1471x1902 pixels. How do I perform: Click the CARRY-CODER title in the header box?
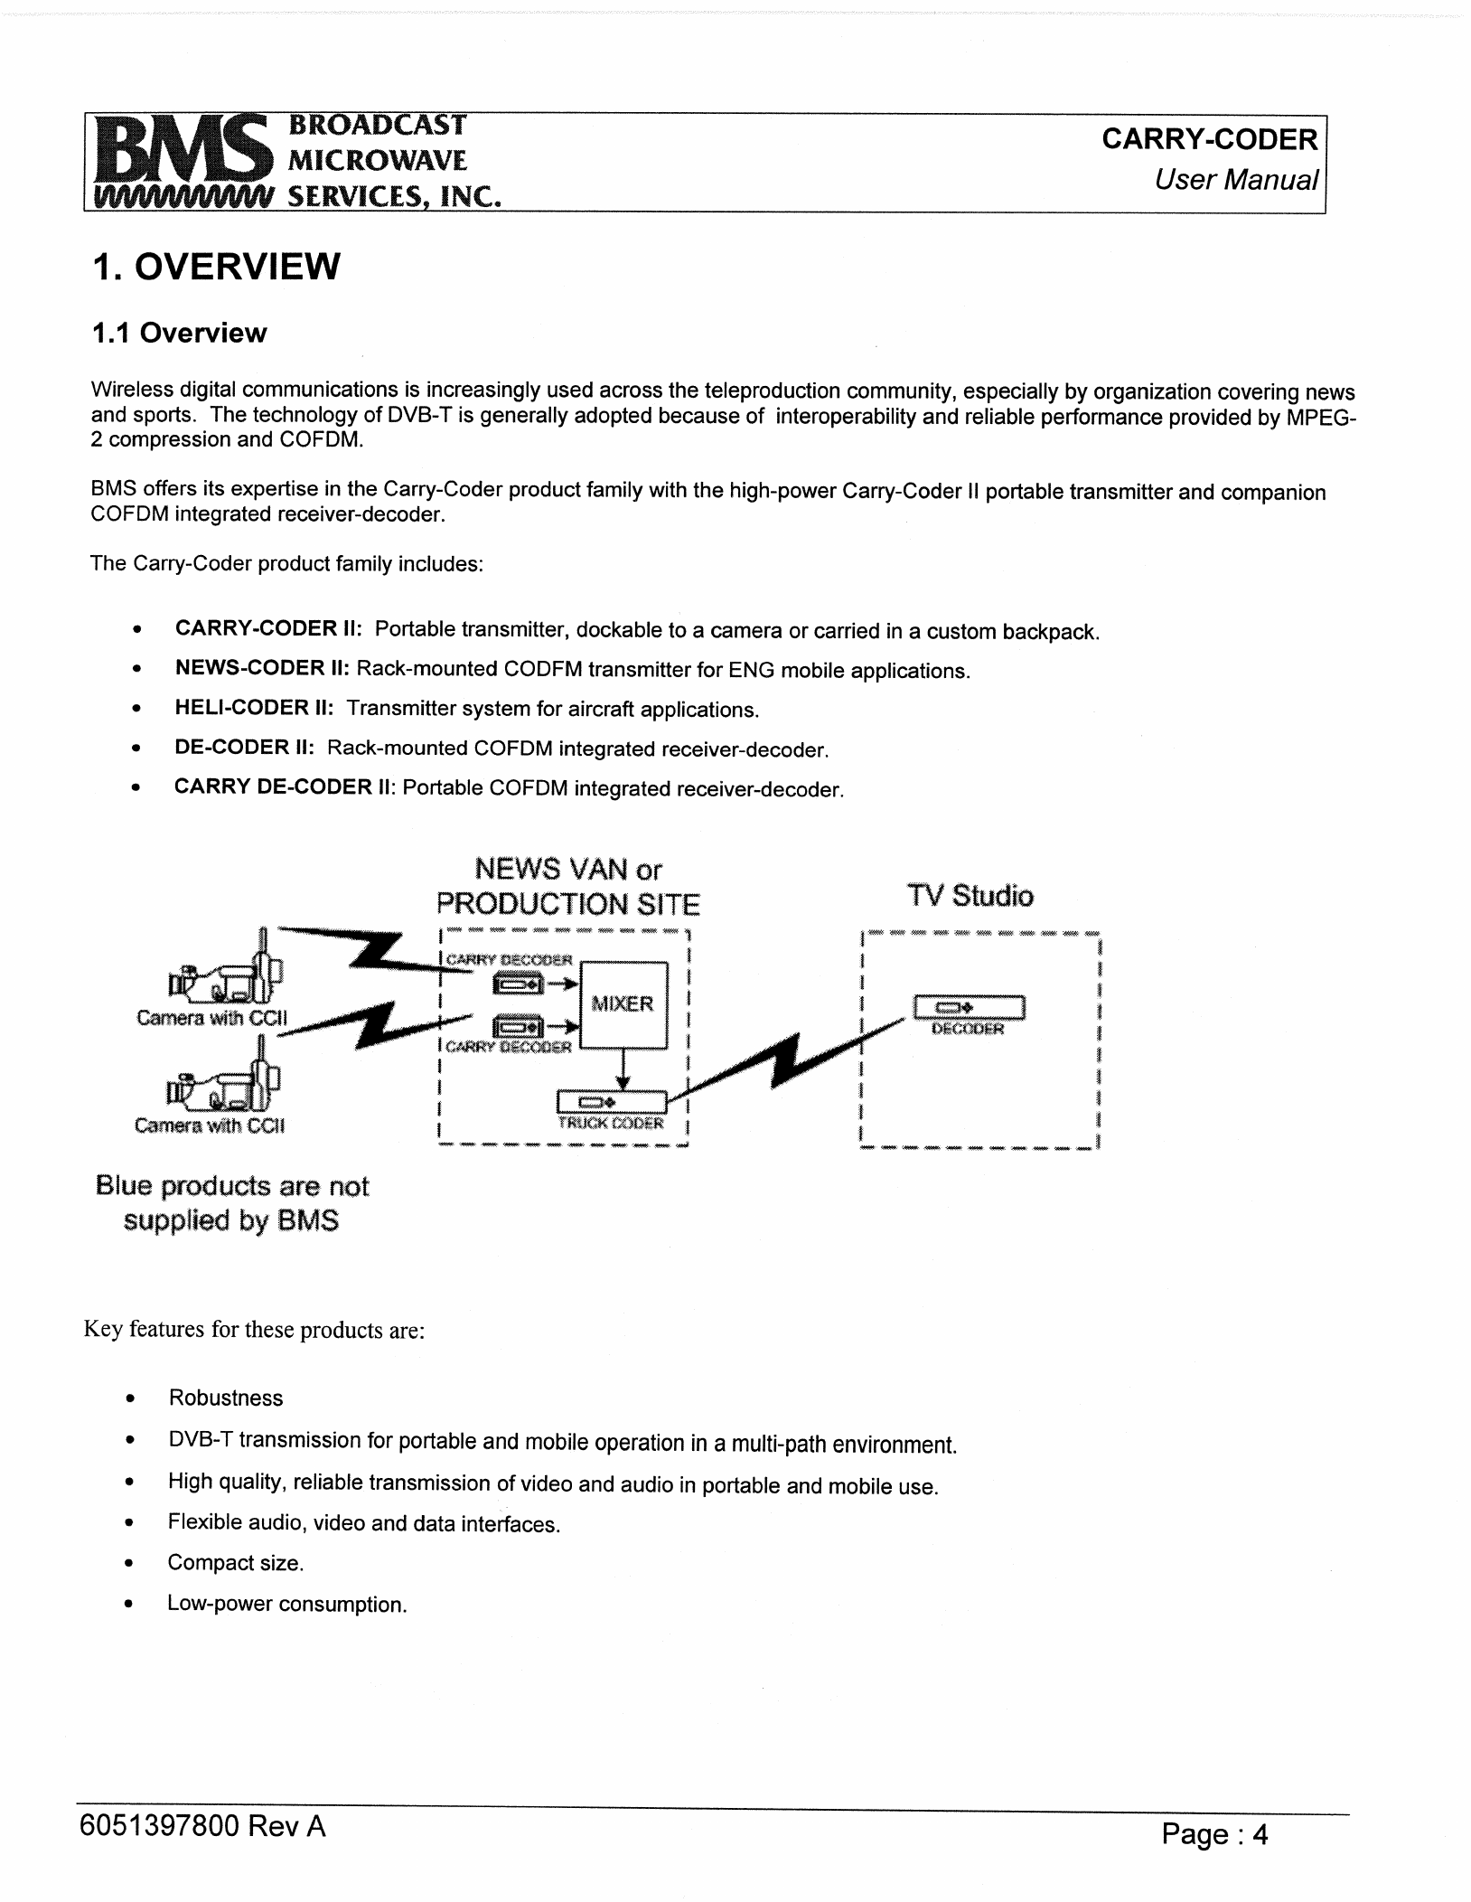[1209, 139]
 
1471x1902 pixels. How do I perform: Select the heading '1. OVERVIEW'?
[216, 267]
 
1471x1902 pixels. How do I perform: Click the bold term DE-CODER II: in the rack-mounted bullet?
[244, 748]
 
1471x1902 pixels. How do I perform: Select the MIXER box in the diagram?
[623, 1003]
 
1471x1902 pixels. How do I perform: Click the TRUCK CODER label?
[611, 1124]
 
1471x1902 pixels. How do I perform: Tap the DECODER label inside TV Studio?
[968, 1029]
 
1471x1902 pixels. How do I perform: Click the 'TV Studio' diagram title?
[970, 896]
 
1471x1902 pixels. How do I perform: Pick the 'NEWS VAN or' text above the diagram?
[567, 870]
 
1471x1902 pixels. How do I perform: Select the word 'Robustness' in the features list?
[226, 1398]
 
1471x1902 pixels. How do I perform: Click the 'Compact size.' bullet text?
[236, 1563]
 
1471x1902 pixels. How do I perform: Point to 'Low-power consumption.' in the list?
[287, 1605]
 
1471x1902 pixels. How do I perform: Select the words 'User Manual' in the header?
[1235, 180]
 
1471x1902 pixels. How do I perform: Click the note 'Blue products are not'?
[232, 1186]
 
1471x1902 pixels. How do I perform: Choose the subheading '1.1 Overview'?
[179, 334]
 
